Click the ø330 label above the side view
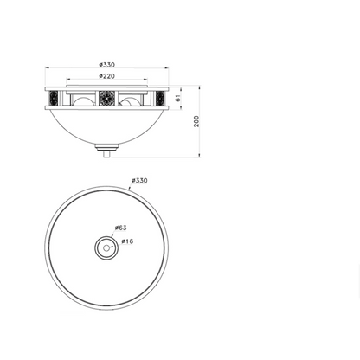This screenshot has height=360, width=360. [106, 65]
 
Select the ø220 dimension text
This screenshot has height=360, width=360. [106, 76]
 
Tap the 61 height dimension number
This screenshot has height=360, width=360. [177, 98]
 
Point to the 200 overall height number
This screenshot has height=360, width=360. [196, 121]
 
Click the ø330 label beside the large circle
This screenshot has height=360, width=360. [139, 181]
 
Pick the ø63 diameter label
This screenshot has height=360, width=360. [120, 228]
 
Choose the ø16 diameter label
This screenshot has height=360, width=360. [127, 241]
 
